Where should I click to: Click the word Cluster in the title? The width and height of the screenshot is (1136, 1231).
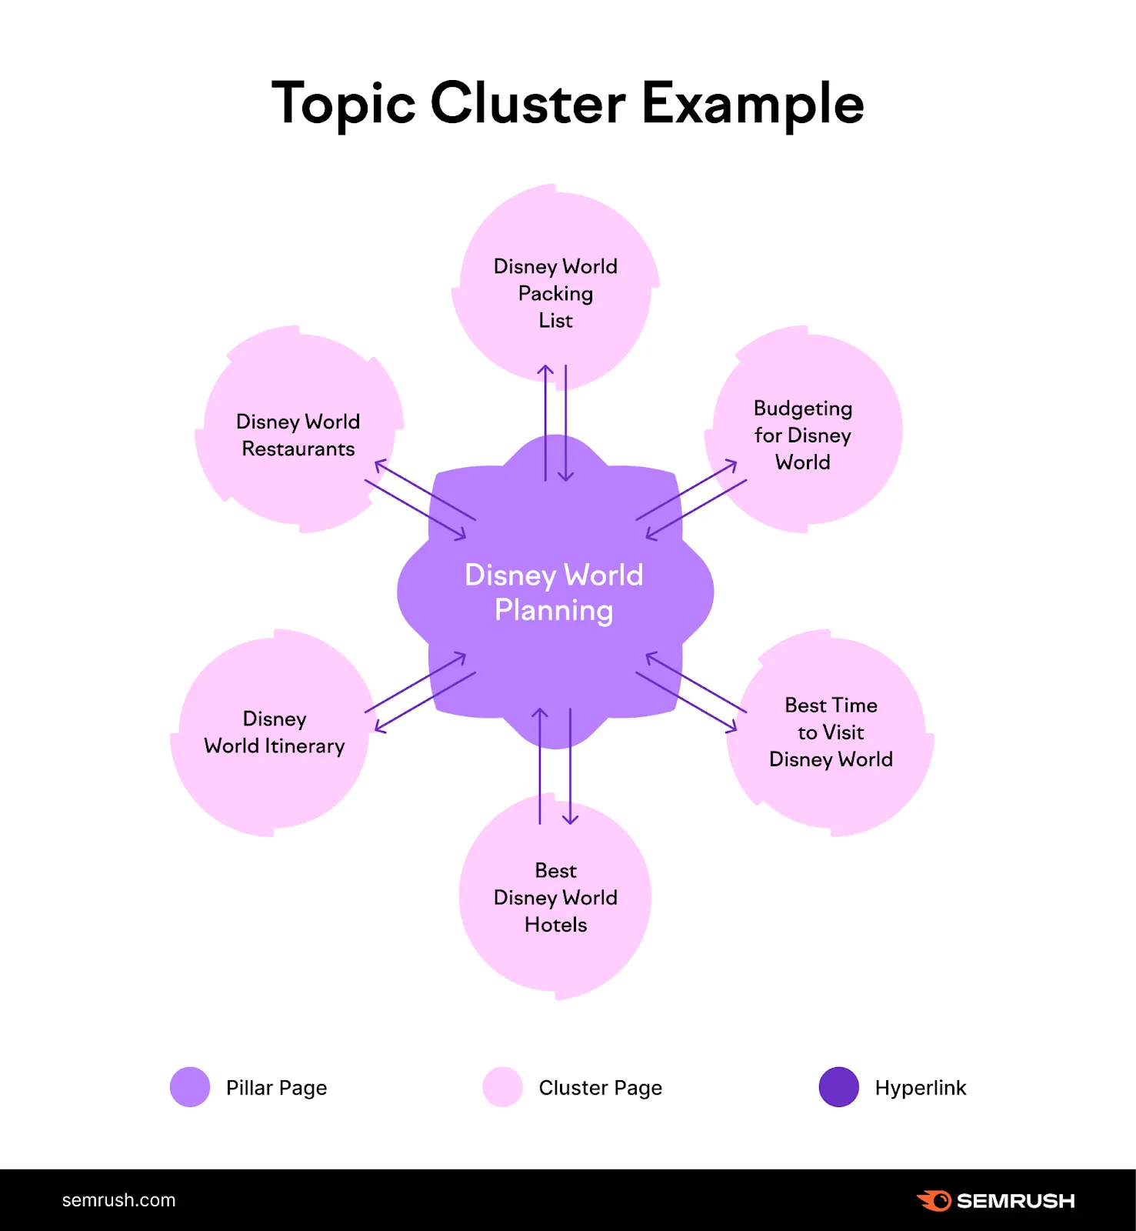click(528, 103)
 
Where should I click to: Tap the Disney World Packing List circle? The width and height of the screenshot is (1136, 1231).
click(555, 292)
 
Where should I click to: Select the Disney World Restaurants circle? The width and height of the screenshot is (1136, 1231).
click(298, 435)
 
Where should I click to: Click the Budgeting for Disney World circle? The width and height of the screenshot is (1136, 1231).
click(803, 435)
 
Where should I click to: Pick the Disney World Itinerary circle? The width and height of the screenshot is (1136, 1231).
click(274, 732)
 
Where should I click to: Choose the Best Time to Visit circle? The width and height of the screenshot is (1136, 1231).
click(831, 732)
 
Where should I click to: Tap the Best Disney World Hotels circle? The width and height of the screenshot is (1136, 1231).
click(555, 897)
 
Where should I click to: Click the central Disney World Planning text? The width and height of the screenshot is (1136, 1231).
click(554, 592)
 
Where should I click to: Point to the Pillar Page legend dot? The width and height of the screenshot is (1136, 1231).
click(190, 1087)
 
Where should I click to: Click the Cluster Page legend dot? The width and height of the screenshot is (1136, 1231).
click(503, 1087)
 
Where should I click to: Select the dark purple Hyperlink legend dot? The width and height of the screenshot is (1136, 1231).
click(839, 1087)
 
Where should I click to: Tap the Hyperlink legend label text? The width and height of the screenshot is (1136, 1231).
click(921, 1088)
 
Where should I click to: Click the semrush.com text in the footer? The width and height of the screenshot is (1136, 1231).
click(118, 1200)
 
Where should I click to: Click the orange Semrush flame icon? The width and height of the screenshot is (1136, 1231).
click(934, 1200)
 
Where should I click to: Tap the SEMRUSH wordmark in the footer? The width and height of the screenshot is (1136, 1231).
click(1015, 1201)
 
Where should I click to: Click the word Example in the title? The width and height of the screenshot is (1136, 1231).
click(752, 103)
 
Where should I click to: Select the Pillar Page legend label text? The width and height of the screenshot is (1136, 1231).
click(276, 1088)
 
